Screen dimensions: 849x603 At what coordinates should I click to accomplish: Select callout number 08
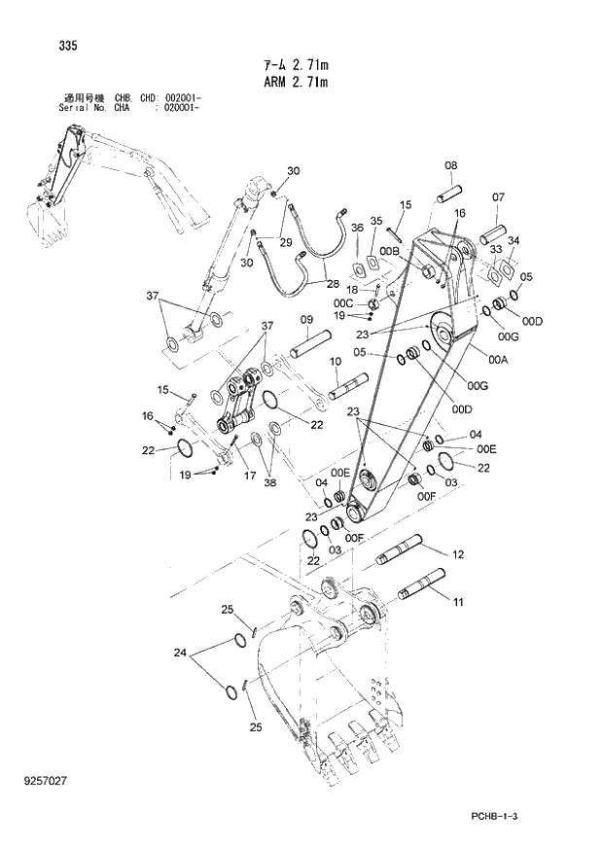tap(451, 165)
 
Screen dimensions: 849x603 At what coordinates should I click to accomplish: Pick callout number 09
tap(305, 320)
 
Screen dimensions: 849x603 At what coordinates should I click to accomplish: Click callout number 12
tap(457, 554)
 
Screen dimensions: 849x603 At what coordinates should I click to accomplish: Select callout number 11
tap(457, 603)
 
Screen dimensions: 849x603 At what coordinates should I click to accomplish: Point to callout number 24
tap(179, 654)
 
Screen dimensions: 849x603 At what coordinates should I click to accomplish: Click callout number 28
tap(333, 284)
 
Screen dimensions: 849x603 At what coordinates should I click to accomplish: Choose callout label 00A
tap(499, 361)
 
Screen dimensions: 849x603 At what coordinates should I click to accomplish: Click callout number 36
tap(357, 228)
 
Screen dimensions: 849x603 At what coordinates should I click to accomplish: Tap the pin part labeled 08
tap(450, 191)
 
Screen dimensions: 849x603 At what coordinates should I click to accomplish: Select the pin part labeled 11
tap(422, 588)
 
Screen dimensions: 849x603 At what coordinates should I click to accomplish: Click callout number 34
tap(514, 241)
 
